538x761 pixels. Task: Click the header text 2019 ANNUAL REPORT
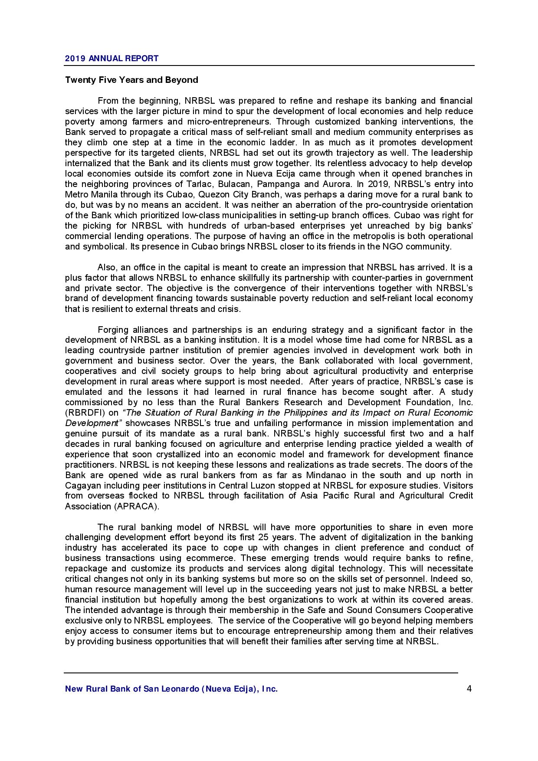click(112, 58)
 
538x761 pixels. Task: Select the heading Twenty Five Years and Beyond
click(131, 80)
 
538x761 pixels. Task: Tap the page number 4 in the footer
click(469, 689)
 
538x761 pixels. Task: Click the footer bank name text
click(171, 689)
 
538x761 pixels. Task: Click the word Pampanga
click(277, 184)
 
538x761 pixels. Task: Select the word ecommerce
click(211, 558)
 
